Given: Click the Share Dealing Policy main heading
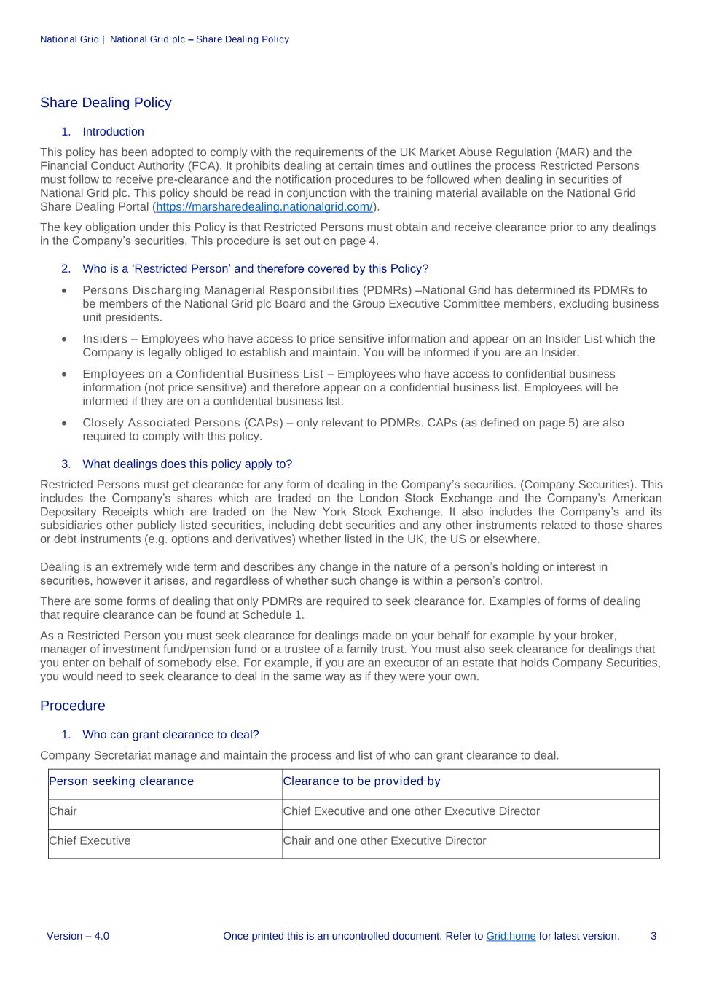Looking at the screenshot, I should click(106, 103).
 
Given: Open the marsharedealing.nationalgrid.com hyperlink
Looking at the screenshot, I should click(264, 207).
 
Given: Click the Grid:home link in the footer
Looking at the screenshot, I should click(511, 936).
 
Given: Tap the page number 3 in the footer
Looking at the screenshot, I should click(653, 936).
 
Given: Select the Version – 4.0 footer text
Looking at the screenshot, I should click(78, 936).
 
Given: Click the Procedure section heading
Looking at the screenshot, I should click(73, 706).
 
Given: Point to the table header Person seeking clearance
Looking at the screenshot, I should click(122, 781).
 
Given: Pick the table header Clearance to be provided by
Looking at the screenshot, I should click(362, 781).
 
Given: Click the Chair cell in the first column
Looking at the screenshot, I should click(63, 811).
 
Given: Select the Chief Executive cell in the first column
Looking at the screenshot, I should click(90, 840).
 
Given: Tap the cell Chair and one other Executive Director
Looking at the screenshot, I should click(385, 840).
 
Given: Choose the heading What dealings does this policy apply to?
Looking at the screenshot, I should click(187, 464).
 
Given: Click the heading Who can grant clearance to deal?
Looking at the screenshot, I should click(170, 735).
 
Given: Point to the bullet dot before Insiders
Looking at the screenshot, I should click(65, 340).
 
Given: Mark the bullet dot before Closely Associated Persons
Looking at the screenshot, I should click(65, 424).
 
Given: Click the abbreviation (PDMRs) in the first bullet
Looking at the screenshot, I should click(387, 290).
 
